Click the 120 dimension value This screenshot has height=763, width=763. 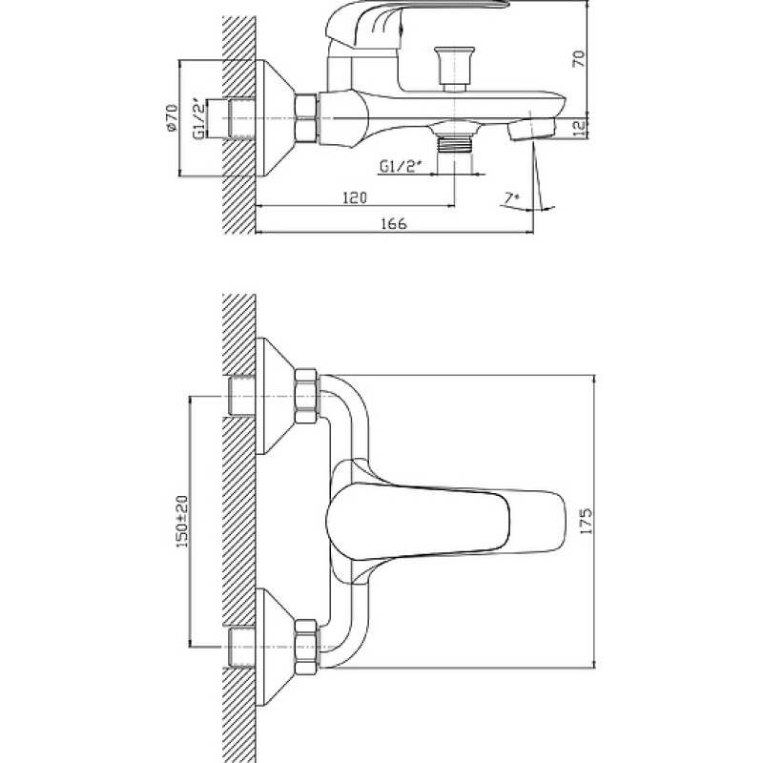coord(355,198)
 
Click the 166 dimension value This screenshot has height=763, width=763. coord(393,224)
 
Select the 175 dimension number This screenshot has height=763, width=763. coord(587,521)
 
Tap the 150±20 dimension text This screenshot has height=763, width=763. coord(181,521)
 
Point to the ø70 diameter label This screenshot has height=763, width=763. coord(172,117)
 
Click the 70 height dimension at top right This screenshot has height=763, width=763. coord(579,58)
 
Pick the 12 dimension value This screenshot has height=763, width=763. coord(579,128)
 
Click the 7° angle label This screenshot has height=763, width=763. coord(511,198)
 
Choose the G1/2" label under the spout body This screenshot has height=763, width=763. coord(400,168)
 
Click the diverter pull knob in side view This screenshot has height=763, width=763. coord(454,68)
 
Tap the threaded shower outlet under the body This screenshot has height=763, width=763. coord(455,144)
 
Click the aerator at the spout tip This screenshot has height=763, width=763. coord(531,129)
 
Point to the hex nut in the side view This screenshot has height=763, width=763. coord(306,118)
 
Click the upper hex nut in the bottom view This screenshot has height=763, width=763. coord(306,396)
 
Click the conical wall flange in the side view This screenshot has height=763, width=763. coord(275,118)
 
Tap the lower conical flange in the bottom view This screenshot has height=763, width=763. coord(275,647)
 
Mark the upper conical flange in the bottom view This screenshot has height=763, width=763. coord(275,396)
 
